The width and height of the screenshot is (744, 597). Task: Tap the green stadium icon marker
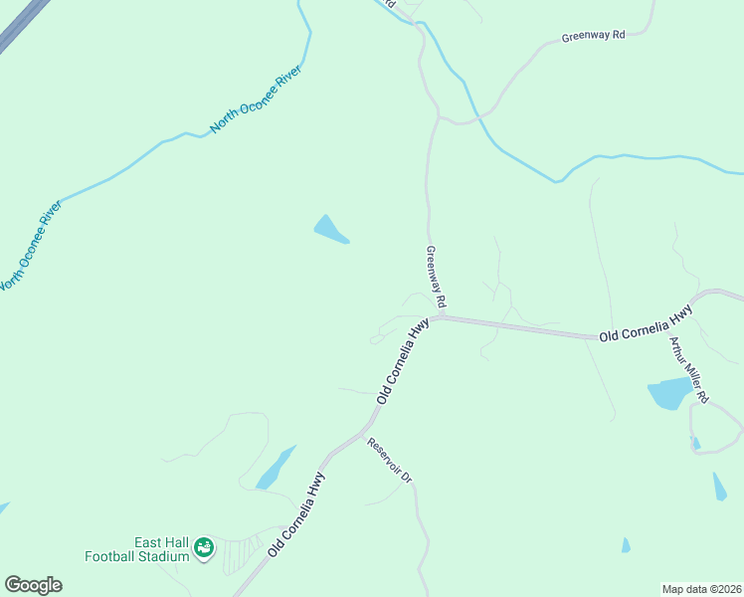pos(204,547)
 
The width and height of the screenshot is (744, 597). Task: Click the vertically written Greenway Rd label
pos(435,277)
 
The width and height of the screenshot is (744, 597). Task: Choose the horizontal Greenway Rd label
pos(593,36)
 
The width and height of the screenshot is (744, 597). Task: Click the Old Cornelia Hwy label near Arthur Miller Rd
pos(646,325)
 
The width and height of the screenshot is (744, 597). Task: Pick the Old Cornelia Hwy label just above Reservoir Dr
pos(404,359)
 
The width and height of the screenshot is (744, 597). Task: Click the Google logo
pos(33,585)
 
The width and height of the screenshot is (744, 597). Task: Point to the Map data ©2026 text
pos(701,588)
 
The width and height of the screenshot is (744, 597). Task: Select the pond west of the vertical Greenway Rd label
pos(329,229)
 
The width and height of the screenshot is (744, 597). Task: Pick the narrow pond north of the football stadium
pos(276,468)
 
